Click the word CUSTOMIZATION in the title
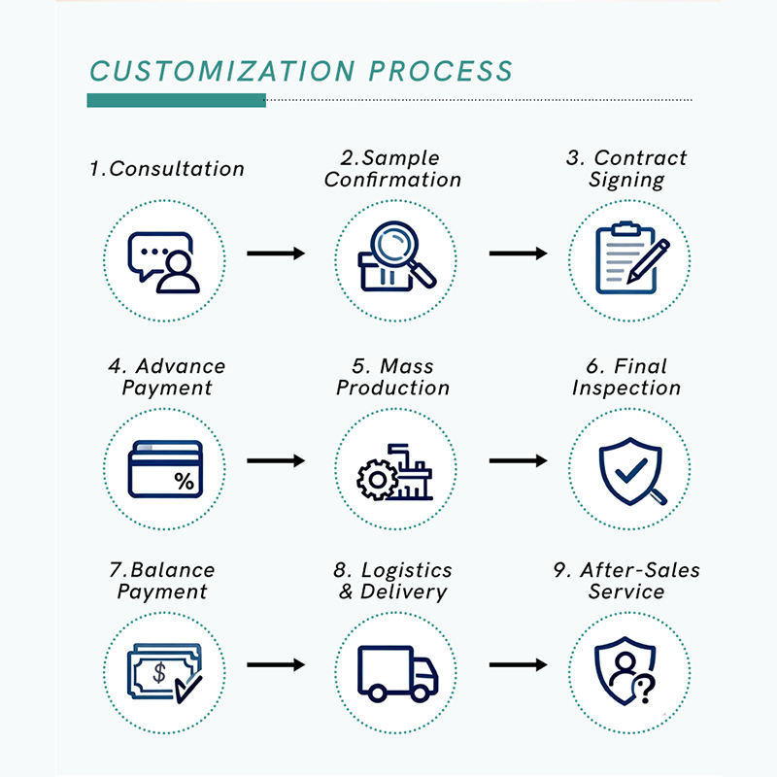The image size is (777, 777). point(222,71)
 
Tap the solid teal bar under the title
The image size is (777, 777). point(177,100)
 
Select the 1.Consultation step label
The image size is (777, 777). point(167,169)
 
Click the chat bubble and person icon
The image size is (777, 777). point(163,262)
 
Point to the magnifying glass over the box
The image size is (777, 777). point(400,251)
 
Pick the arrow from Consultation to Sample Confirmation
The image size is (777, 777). point(276,253)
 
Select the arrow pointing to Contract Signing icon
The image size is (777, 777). point(519,253)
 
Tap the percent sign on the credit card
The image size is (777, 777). point(184,481)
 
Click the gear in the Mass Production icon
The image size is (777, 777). point(378,480)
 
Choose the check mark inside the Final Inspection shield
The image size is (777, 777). point(630,470)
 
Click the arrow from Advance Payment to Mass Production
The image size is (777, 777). point(276,460)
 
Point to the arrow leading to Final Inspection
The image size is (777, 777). point(519,460)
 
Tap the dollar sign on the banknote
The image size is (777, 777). point(159,673)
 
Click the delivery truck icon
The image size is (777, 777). point(398,673)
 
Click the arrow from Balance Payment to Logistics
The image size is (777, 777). point(276,664)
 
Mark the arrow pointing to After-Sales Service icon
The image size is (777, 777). point(519,664)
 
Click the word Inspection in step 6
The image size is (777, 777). point(626,388)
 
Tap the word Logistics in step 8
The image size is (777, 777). point(406,570)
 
